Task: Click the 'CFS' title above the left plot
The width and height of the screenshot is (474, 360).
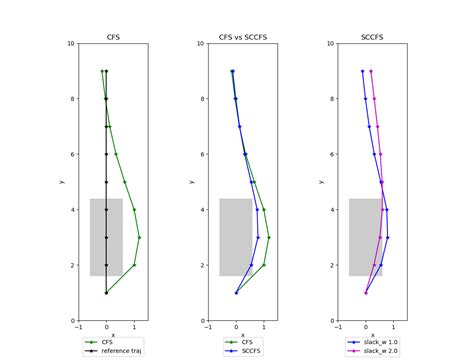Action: (x=113, y=36)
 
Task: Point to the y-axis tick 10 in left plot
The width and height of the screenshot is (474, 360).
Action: (x=69, y=44)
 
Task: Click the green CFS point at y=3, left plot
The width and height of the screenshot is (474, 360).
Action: (x=139, y=237)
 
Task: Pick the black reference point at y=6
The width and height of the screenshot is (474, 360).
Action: (x=106, y=154)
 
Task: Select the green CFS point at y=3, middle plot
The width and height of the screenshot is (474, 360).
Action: (x=269, y=237)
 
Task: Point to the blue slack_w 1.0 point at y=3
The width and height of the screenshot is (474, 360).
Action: (x=387, y=237)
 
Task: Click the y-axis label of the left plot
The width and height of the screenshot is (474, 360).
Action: (x=62, y=182)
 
